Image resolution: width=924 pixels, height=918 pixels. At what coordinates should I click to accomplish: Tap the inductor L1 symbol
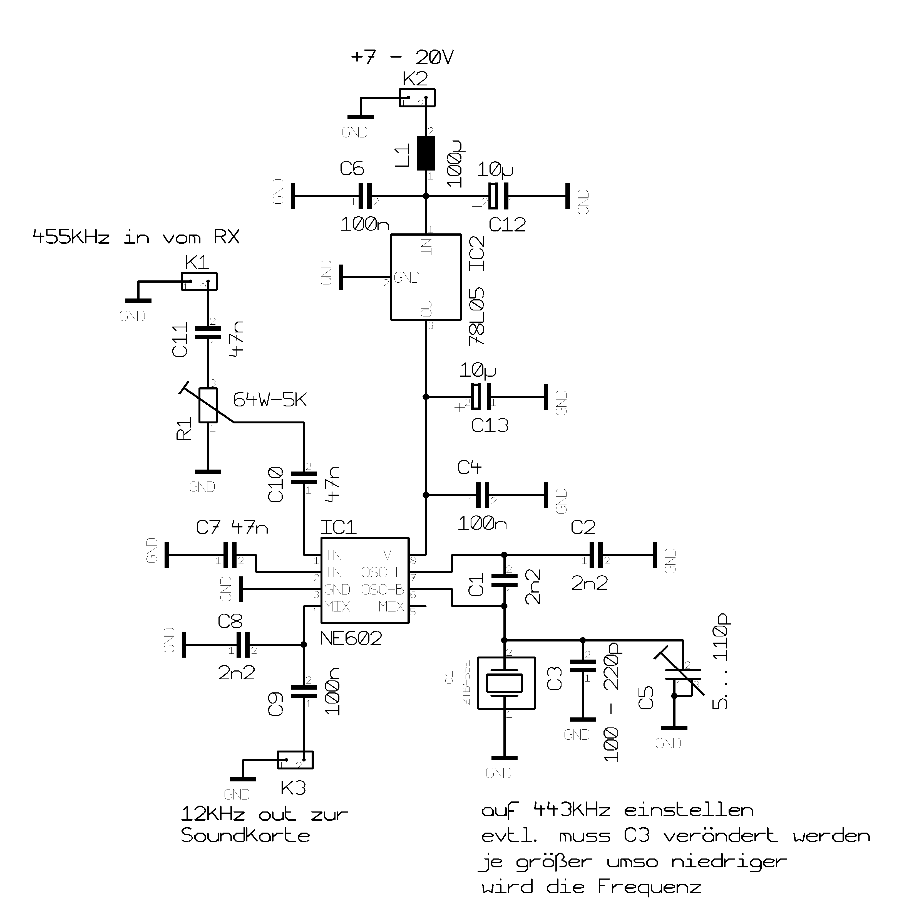pyautogui.click(x=426, y=153)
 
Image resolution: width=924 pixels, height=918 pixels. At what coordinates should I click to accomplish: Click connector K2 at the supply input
pyautogui.click(x=417, y=98)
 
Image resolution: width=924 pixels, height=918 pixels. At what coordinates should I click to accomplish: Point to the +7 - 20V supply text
pyautogui.click(x=402, y=57)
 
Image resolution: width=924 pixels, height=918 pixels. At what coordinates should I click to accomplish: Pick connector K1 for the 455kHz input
pyautogui.click(x=199, y=282)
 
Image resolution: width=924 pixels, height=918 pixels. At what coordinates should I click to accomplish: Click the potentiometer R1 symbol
pyautogui.click(x=208, y=405)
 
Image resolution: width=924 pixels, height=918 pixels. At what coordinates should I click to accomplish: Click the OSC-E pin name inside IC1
pyautogui.click(x=382, y=572)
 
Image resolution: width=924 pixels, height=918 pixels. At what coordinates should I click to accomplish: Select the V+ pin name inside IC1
pyautogui.click(x=392, y=555)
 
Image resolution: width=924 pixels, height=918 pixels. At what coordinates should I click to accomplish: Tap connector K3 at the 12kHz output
pyautogui.click(x=295, y=760)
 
